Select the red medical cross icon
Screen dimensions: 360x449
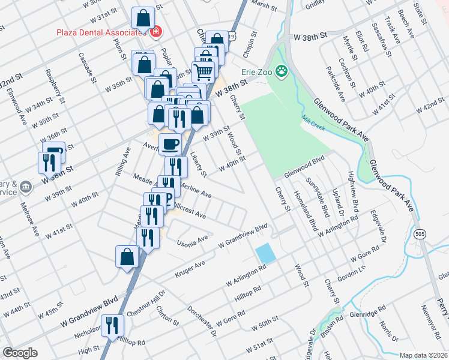(x=156, y=31)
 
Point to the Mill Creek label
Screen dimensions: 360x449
(x=313, y=119)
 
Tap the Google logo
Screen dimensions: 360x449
(x=20, y=353)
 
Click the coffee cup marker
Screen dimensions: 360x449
(x=170, y=143)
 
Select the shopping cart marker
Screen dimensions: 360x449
(x=203, y=71)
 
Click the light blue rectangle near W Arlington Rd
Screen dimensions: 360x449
(x=265, y=254)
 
